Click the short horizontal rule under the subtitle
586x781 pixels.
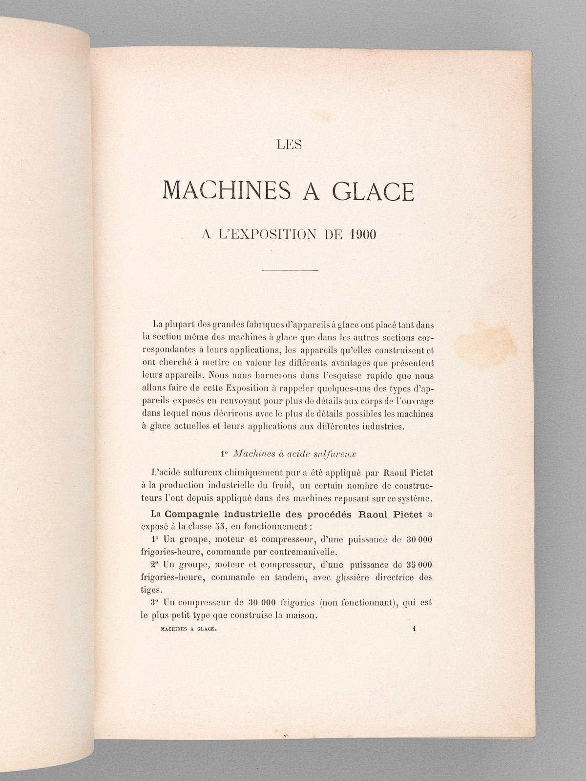click(291, 270)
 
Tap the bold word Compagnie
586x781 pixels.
click(202, 514)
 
